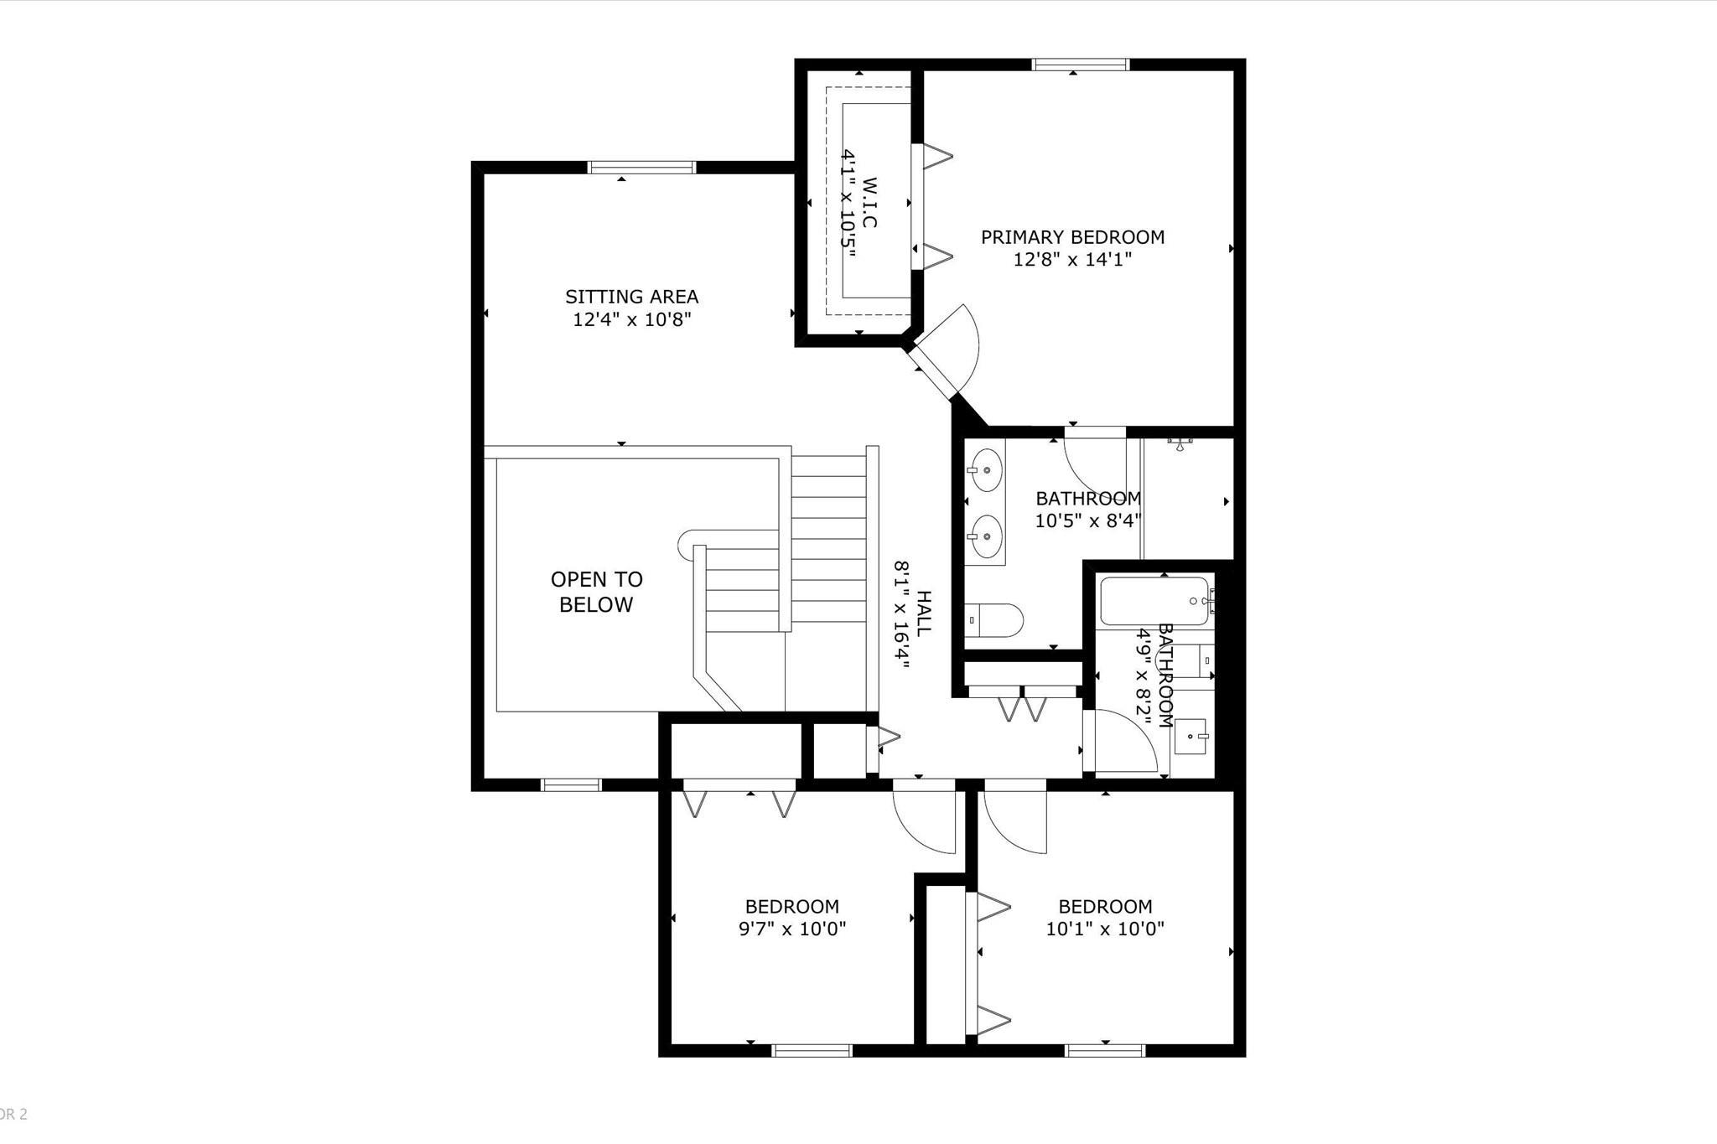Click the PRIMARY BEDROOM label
[1072, 237]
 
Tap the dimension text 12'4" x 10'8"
[631, 319]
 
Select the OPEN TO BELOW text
[596, 592]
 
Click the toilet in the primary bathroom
[994, 621]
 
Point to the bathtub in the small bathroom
[1154, 601]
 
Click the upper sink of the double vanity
[986, 471]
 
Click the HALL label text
[923, 613]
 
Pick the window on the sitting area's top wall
[642, 167]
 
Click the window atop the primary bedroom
[1080, 65]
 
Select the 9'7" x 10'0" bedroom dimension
[792, 929]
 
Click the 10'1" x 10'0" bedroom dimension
[1105, 929]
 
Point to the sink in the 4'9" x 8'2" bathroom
[1190, 736]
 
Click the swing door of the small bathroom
[1123, 742]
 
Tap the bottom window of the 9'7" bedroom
[812, 1050]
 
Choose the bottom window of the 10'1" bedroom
[1105, 1050]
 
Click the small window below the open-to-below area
[571, 784]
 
